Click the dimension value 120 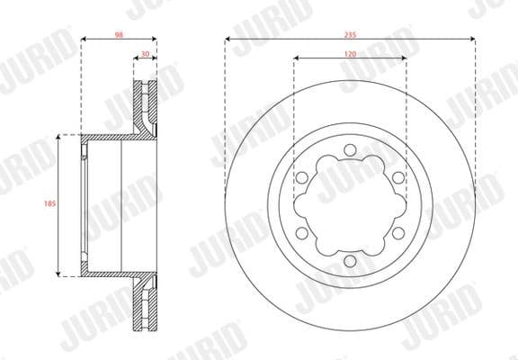tap(350, 54)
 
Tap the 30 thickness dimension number tap(145, 54)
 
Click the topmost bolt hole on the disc tap(350, 149)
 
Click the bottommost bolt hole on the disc tap(350, 260)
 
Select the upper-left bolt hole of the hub tap(302, 177)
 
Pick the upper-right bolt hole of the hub tap(397, 177)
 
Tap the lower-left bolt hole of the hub tap(302, 232)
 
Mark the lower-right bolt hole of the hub tap(397, 232)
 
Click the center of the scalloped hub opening tap(350, 205)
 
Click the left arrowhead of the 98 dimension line tap(84, 39)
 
